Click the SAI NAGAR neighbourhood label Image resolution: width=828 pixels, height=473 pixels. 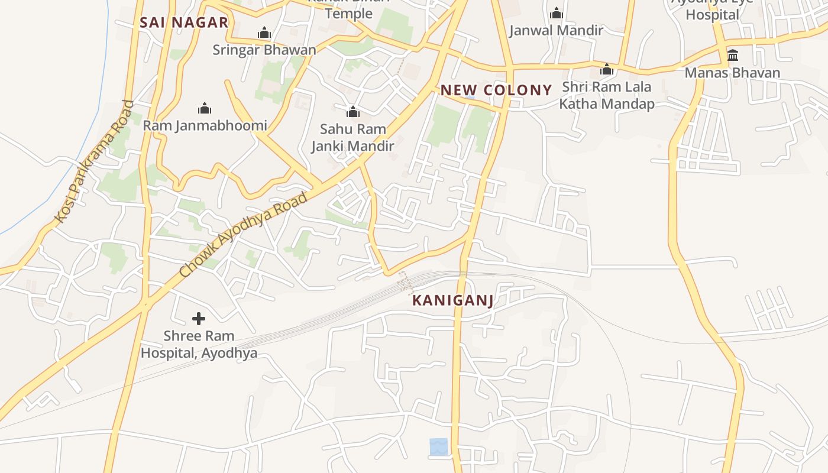[184, 23]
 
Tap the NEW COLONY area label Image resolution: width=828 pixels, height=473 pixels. [496, 90]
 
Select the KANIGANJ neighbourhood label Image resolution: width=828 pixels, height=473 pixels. [452, 300]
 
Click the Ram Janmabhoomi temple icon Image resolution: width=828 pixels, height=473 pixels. [205, 108]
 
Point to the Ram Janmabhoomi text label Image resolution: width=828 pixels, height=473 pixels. [205, 125]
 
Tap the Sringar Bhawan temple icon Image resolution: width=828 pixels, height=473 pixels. [264, 33]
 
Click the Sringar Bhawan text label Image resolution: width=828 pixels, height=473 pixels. [264, 50]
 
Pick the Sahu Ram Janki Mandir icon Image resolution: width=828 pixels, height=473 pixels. [352, 111]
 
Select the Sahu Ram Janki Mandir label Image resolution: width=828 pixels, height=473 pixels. [352, 137]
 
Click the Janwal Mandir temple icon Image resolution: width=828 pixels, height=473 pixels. [556, 13]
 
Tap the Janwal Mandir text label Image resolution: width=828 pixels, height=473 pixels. [556, 30]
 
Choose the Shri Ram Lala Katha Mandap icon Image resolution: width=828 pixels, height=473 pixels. [606, 70]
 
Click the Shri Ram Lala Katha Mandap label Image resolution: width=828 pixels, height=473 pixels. [606, 95]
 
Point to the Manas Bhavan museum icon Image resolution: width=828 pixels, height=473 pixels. [733, 56]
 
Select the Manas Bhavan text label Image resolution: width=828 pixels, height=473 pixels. [733, 73]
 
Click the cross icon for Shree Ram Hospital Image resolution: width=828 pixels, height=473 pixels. [199, 319]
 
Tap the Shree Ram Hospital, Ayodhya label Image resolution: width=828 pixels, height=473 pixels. [199, 345]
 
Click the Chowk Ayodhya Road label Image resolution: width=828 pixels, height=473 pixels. [243, 234]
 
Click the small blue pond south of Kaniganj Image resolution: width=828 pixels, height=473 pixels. [438, 446]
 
